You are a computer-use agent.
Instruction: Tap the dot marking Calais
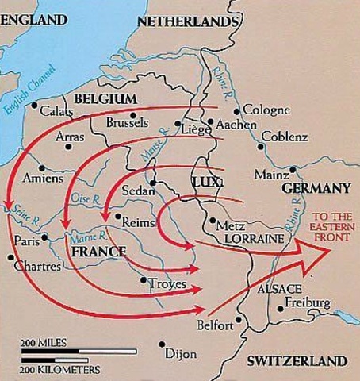pyautogui.click(x=34, y=104)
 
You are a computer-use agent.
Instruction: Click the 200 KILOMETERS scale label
pyautogui.click(x=60, y=369)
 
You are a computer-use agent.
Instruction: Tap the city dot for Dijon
pyautogui.click(x=162, y=344)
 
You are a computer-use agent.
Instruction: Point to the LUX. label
pyautogui.click(x=204, y=184)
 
